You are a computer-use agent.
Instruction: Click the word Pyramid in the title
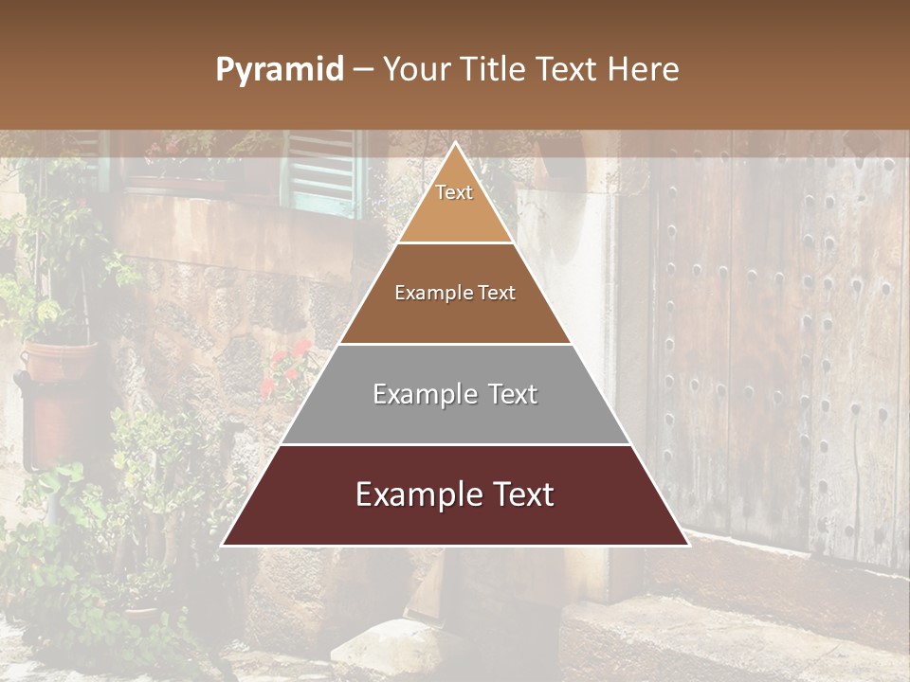click(279, 70)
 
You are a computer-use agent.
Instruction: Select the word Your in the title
click(414, 70)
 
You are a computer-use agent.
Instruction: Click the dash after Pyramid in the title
click(362, 70)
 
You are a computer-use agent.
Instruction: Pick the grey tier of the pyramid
click(455, 417)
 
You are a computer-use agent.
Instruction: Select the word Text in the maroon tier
click(516, 494)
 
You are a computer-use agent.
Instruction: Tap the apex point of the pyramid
click(455, 145)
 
